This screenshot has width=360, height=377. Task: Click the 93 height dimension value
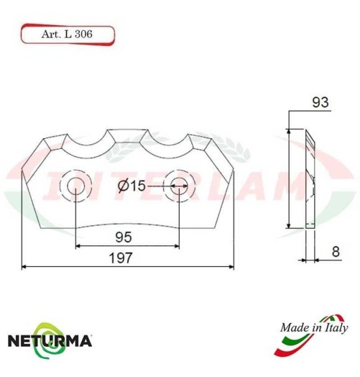point(321,103)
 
